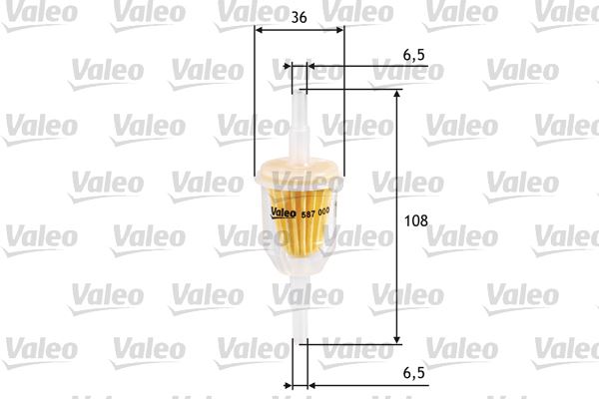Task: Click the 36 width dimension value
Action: pyautogui.click(x=299, y=16)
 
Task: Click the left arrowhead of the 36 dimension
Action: pyautogui.click(x=260, y=32)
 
